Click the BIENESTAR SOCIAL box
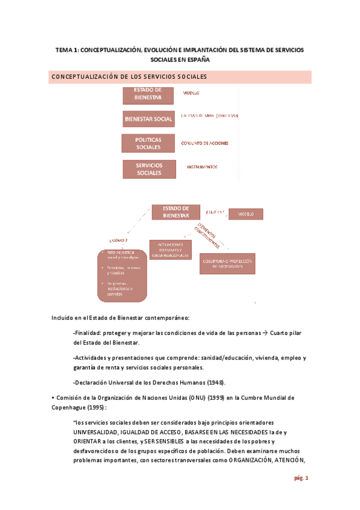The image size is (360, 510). tap(148, 119)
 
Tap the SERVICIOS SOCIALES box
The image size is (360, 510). tap(148, 169)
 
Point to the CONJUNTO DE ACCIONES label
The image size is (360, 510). tap(204, 143)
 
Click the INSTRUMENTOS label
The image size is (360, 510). tap(202, 167)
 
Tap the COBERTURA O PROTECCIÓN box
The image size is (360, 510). tap(227, 264)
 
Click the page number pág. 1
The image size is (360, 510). tap(301, 478)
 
